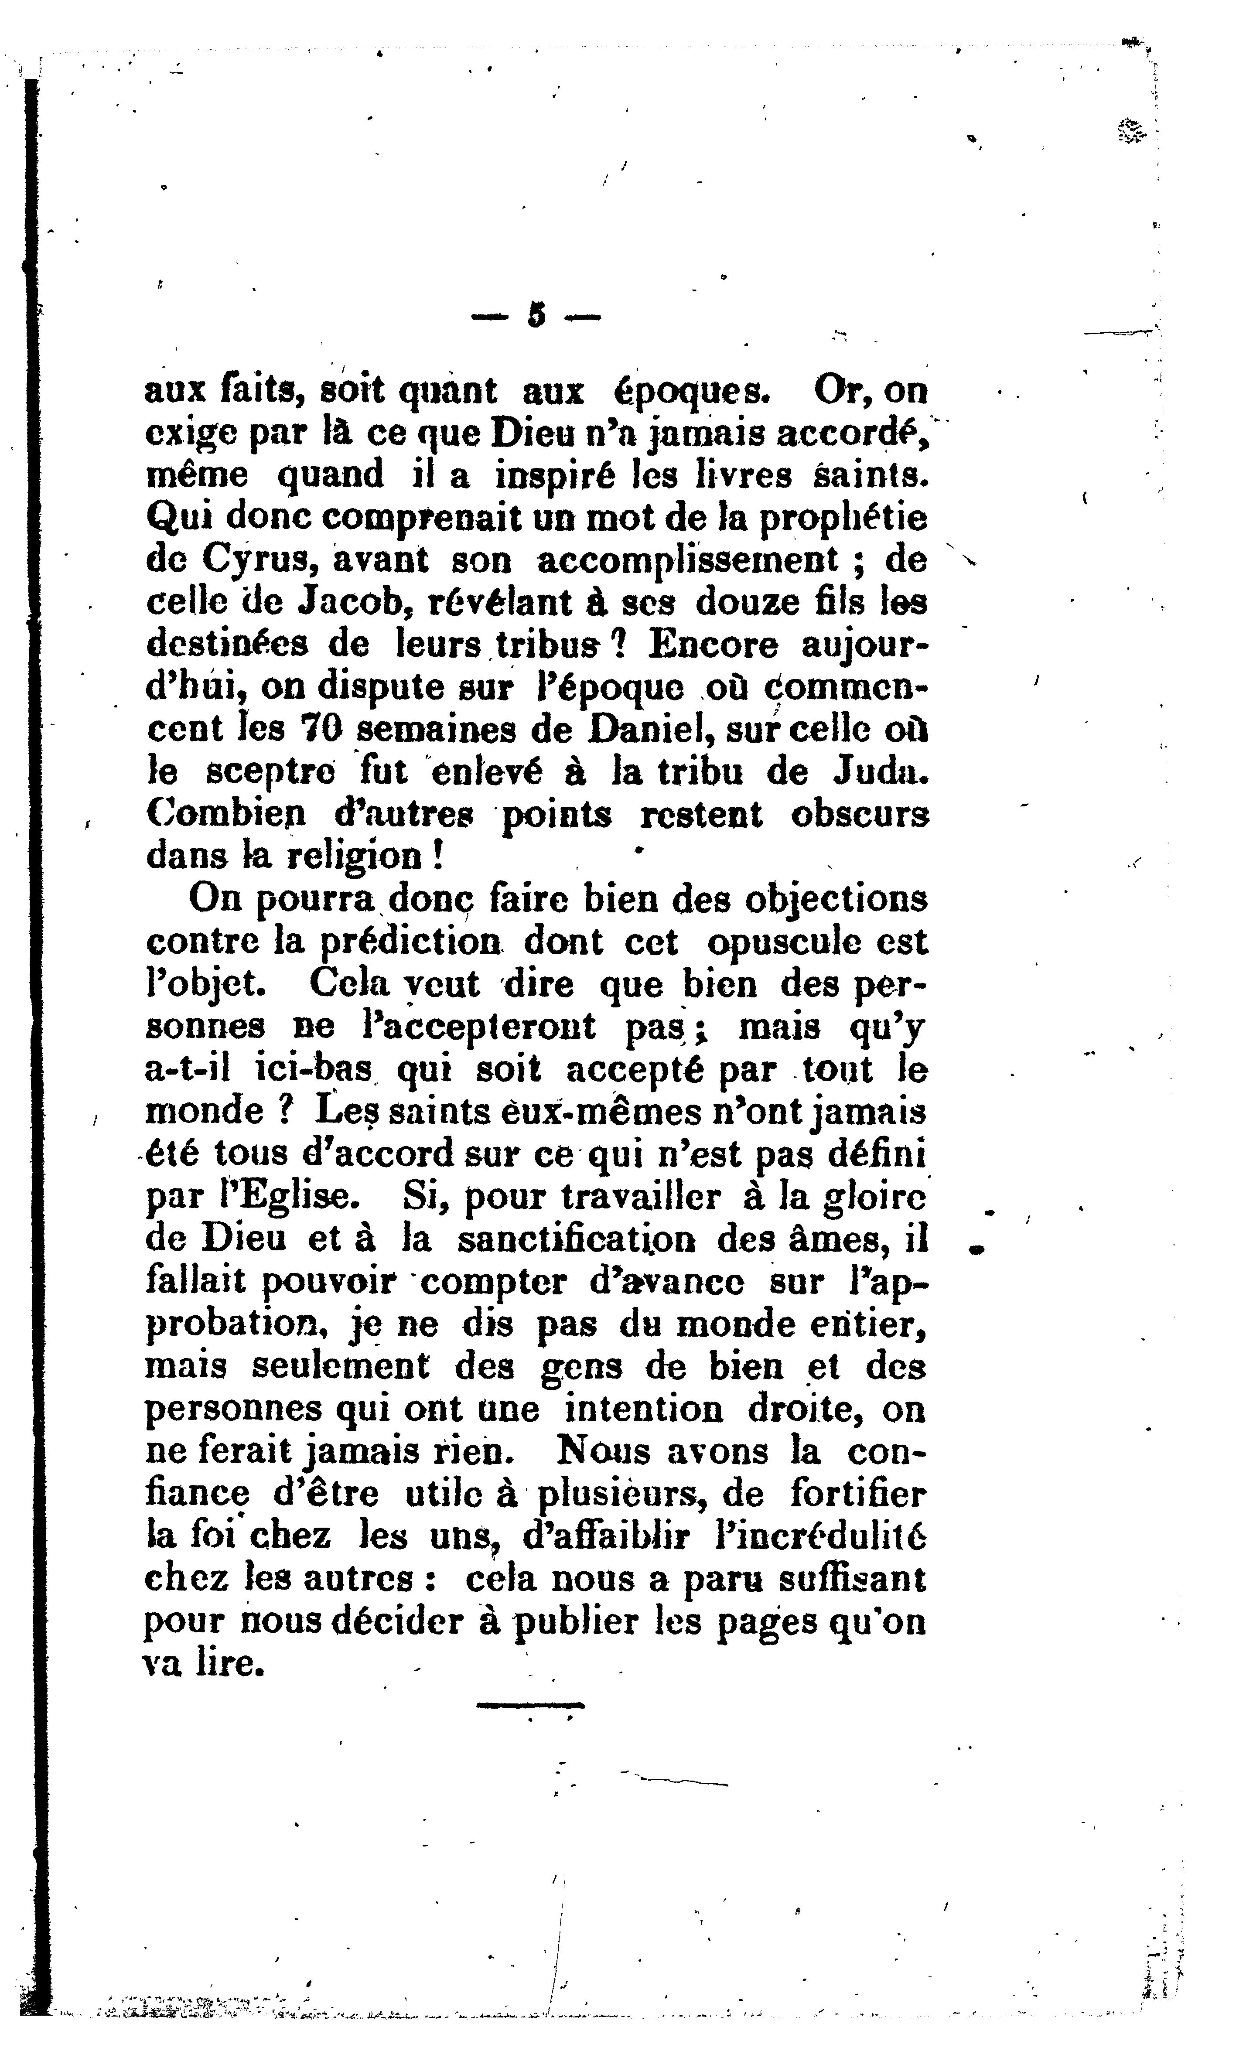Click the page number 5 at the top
point(536,315)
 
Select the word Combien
point(227,815)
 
